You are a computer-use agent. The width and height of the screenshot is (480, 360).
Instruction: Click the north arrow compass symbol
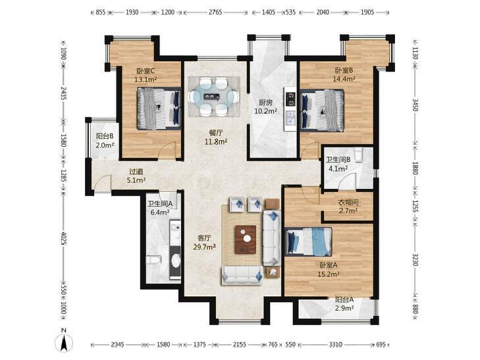point(64,342)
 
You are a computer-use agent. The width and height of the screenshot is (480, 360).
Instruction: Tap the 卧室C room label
point(146,71)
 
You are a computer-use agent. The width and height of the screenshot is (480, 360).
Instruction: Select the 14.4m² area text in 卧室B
point(344,79)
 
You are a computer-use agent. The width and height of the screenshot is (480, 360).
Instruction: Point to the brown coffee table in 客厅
point(246,240)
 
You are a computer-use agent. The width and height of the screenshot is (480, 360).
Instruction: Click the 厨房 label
point(265,103)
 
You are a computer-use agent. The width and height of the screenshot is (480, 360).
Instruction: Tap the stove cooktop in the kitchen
point(290,97)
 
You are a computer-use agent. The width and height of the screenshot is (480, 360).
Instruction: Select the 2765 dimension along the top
point(215,13)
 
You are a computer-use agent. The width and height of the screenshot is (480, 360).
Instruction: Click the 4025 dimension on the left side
point(63,238)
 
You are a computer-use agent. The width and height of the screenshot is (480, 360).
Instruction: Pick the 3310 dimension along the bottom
point(336,345)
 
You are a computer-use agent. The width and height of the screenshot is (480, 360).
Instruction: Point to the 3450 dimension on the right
point(415,105)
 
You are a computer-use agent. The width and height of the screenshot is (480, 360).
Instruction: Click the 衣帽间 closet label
point(348,203)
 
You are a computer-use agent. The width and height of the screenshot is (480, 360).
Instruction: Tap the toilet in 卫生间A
point(153,260)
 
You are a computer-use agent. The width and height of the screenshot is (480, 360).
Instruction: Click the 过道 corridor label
point(136,172)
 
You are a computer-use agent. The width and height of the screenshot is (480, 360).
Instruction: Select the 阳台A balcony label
point(344,299)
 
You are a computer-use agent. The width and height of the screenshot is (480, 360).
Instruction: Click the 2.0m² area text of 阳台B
point(105,145)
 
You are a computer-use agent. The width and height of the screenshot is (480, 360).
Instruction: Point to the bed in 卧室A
point(308,242)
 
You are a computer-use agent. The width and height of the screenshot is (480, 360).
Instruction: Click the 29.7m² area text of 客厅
point(205,247)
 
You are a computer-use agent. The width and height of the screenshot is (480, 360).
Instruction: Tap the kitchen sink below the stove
point(290,118)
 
